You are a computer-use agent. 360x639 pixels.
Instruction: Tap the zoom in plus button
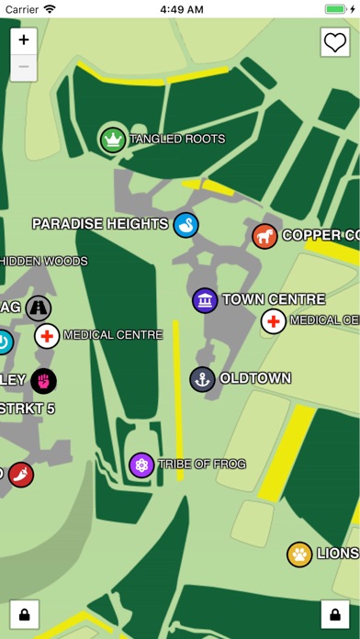click(x=23, y=40)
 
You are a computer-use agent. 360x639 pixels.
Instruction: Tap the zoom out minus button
click(x=23, y=67)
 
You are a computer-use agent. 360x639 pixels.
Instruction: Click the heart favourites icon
click(x=334, y=41)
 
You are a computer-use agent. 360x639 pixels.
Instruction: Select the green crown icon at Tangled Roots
click(x=113, y=140)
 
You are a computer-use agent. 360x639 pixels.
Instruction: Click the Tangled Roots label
click(x=177, y=140)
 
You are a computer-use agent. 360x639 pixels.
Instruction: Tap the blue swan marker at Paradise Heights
click(x=186, y=224)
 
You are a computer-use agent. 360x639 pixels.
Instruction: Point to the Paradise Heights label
click(x=100, y=224)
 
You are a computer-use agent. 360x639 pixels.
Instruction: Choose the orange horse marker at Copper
click(x=265, y=236)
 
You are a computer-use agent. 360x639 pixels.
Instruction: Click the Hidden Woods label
click(x=44, y=262)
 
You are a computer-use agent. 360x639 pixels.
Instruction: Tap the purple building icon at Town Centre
click(x=205, y=299)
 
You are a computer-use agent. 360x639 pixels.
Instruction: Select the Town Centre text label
click(x=274, y=299)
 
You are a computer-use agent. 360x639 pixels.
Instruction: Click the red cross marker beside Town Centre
click(x=273, y=321)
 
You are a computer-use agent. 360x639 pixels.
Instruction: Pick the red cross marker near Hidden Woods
click(x=48, y=336)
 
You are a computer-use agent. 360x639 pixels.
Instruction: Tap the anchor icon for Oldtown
click(x=202, y=378)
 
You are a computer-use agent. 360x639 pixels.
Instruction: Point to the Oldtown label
click(x=255, y=378)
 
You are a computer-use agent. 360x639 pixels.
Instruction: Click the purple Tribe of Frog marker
click(x=141, y=465)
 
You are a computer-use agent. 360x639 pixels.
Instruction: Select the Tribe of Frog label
click(x=202, y=465)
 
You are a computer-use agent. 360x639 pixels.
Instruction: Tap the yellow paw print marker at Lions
click(x=299, y=554)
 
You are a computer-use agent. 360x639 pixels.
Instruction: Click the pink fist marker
click(x=43, y=379)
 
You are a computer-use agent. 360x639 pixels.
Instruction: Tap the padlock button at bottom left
click(x=23, y=611)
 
